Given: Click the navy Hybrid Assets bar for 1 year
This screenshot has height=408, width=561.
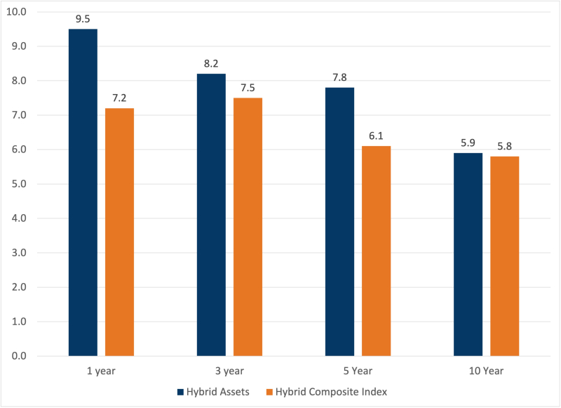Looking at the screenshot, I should click(x=83, y=192).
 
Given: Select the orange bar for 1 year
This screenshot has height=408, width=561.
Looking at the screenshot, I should click(x=119, y=232).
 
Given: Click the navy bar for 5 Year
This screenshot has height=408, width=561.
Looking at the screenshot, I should click(x=339, y=222).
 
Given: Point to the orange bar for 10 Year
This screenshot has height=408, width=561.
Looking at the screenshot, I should click(x=504, y=256).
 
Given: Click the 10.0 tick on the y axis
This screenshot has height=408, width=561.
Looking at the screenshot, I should click(x=17, y=12).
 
